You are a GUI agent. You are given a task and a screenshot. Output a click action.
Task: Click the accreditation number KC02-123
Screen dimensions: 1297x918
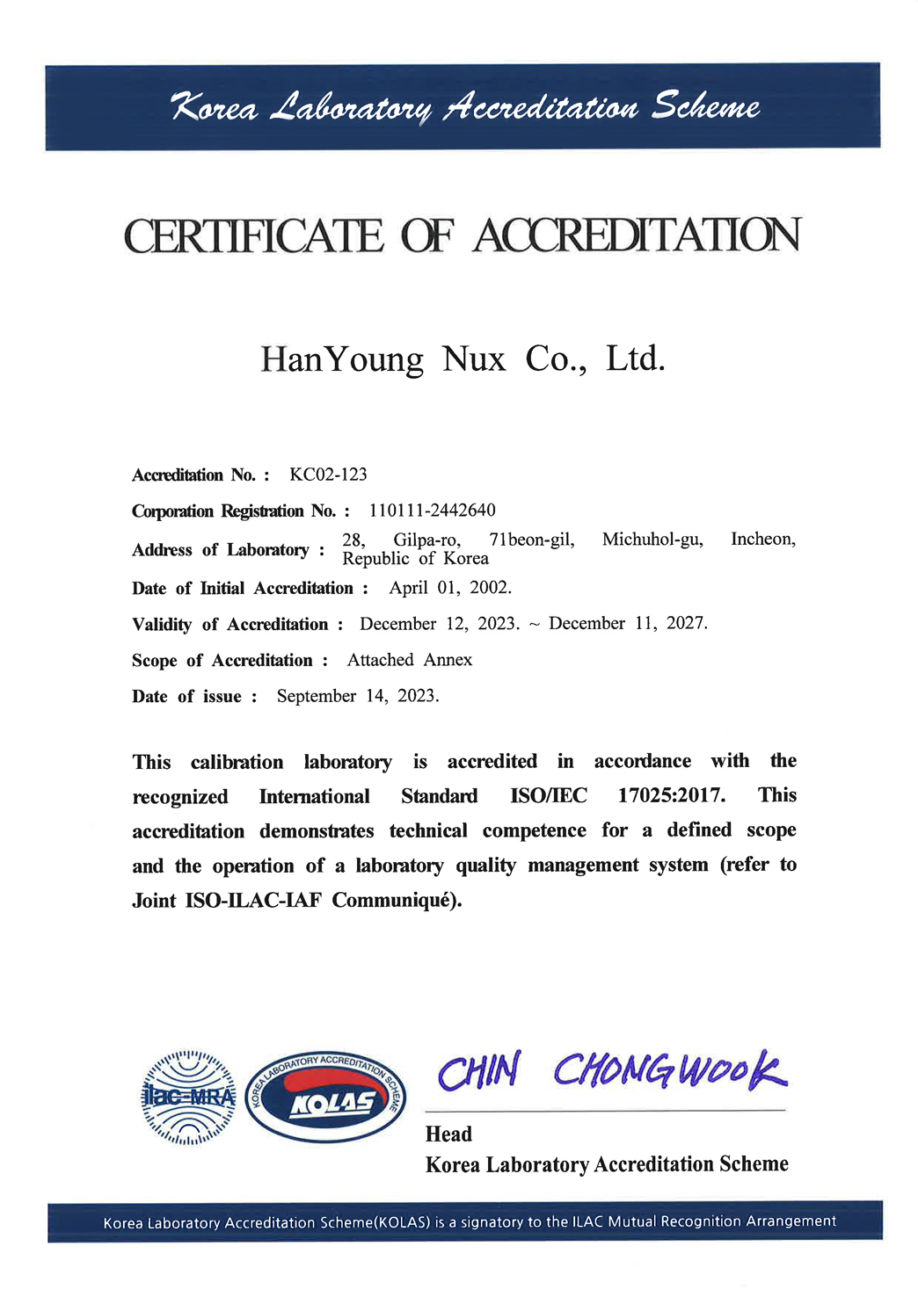(328, 475)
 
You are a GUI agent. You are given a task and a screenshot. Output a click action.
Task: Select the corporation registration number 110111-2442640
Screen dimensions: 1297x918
(432, 511)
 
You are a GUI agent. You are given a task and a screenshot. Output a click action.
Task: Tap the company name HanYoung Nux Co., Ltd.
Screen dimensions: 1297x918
(463, 359)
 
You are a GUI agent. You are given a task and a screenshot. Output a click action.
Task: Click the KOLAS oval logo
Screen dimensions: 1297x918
(325, 1097)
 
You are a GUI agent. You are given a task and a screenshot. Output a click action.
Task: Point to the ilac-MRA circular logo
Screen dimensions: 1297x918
(189, 1097)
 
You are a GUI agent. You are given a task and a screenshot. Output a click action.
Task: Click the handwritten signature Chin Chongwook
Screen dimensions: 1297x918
(612, 1071)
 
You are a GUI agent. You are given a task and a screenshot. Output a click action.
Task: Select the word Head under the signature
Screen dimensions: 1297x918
(448, 1134)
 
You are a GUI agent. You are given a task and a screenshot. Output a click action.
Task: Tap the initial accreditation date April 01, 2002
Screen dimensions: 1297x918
(450, 587)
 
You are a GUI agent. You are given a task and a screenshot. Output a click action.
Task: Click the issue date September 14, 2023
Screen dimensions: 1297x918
(358, 696)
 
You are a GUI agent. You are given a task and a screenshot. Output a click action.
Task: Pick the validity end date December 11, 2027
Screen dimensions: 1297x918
(628, 623)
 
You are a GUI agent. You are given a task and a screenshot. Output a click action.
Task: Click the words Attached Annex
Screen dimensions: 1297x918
(410, 660)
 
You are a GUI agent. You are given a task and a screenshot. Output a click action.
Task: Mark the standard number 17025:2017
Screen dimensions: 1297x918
(672, 795)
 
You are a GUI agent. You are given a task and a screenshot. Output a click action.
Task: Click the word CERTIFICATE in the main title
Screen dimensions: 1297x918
(254, 235)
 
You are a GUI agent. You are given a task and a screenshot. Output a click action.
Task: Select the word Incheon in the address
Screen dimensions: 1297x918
(762, 539)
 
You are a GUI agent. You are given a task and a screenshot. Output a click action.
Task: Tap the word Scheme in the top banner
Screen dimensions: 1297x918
(704, 107)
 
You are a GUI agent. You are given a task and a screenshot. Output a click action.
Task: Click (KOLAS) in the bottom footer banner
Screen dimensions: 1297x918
(404, 1222)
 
